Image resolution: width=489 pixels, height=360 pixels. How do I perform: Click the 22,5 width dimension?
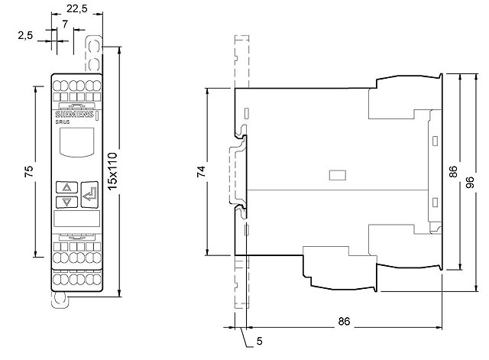coord(76,8)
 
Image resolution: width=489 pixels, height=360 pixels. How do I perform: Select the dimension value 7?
coord(64,24)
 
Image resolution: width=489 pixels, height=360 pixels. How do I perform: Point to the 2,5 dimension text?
coord(25,35)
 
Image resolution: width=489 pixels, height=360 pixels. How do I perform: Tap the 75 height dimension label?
coord(28,171)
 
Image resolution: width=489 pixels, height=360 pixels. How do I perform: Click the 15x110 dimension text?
coord(112,171)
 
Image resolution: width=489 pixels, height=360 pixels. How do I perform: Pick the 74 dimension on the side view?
coord(201,171)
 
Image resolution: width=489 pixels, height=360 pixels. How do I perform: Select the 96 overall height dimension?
coord(470,182)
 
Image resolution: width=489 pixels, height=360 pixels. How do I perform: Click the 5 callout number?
coord(260,342)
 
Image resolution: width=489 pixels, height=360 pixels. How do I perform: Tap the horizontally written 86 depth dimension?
coord(344,321)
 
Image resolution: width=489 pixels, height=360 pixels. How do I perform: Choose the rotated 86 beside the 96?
coord(453,171)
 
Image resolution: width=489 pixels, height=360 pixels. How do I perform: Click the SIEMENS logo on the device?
coord(74,114)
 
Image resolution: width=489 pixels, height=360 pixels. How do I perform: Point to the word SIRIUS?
coord(63,122)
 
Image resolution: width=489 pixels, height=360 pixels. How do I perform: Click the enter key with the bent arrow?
coord(89,195)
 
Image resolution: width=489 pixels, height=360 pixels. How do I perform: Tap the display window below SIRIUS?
coord(76,142)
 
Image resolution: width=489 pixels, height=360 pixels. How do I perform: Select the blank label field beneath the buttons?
coord(76,219)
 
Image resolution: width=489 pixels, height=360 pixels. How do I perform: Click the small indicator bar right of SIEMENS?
coord(97,116)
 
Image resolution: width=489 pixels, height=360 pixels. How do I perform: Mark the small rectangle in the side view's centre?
coord(338,175)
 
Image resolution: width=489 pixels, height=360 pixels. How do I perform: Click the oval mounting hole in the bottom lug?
coord(59,299)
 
